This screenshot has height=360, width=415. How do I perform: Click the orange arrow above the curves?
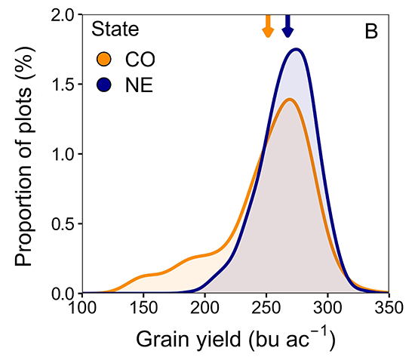click(266, 26)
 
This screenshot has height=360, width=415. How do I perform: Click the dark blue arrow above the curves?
click(287, 26)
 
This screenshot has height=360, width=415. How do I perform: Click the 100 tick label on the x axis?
click(82, 308)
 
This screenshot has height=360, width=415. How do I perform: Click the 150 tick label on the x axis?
click(143, 308)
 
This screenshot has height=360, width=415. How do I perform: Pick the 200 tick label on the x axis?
click(204, 308)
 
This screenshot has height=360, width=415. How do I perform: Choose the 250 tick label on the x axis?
click(266, 308)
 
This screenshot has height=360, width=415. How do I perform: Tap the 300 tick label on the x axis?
click(327, 308)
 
